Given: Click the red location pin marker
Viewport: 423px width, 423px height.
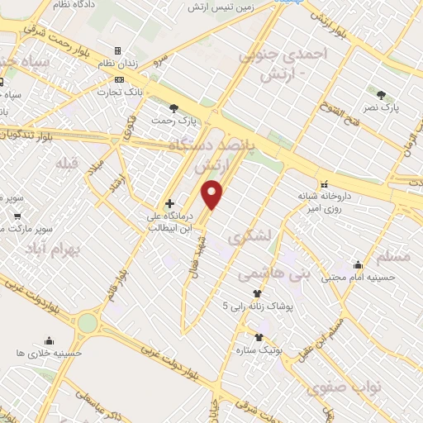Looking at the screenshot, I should tap(212, 194).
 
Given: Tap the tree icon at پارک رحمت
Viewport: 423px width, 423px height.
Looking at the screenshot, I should tap(173, 108).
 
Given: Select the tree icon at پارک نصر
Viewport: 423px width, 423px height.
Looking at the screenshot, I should tap(381, 94).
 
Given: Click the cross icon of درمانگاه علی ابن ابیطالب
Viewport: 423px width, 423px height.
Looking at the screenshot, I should tap(169, 203).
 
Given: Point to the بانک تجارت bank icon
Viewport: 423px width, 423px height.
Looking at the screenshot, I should tap(121, 80).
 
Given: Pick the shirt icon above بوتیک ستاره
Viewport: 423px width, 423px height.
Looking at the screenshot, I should tap(259, 337).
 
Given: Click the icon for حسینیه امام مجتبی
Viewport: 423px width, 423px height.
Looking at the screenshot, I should tap(358, 265).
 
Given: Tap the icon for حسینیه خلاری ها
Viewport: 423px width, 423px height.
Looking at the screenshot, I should tap(49, 340).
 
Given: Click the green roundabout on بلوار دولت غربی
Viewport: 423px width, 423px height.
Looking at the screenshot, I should tap(87, 323).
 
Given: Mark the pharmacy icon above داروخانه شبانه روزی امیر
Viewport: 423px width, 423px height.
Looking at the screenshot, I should tap(324, 184).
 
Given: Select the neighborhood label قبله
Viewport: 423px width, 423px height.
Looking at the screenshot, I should tap(66, 163).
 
